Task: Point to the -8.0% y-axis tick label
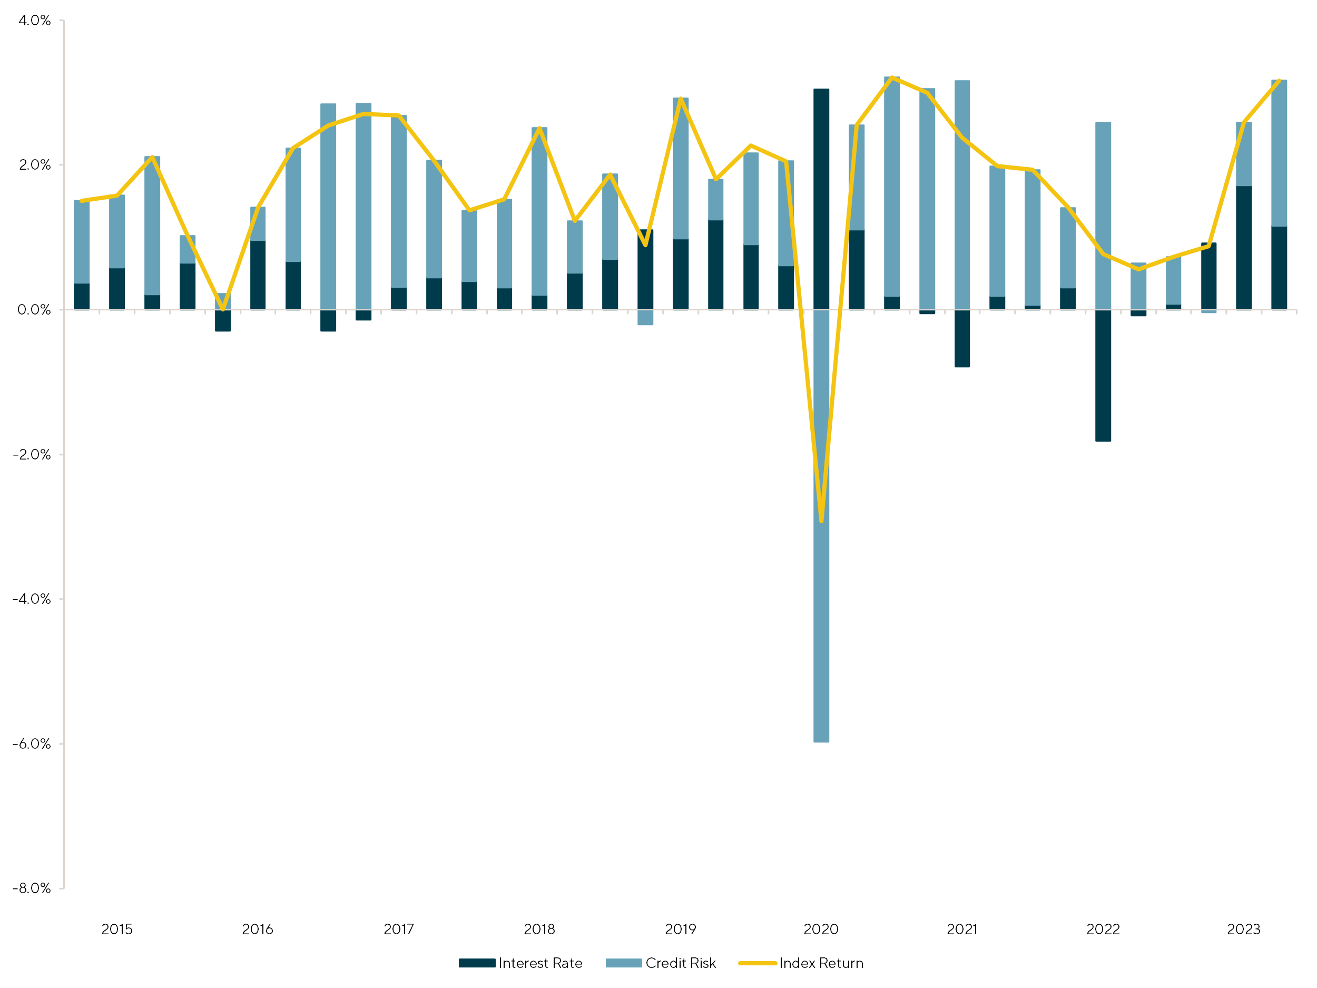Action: tap(32, 888)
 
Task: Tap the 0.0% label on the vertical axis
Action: tap(34, 310)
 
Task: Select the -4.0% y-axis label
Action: tap(32, 599)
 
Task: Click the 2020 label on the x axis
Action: tap(821, 929)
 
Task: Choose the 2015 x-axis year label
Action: tap(117, 929)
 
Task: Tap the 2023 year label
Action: tap(1244, 929)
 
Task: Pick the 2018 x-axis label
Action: tap(539, 929)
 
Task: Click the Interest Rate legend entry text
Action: tap(540, 963)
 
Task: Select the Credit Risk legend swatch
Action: tap(623, 963)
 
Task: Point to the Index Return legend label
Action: tap(821, 963)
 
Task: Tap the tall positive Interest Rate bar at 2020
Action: tap(821, 200)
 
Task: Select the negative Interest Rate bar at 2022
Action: tap(1103, 375)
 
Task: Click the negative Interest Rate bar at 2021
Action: tap(962, 338)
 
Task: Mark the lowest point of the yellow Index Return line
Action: tap(822, 521)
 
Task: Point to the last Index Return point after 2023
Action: tap(1279, 81)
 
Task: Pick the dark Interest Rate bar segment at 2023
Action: tap(1244, 247)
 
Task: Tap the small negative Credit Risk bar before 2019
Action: tap(645, 317)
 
